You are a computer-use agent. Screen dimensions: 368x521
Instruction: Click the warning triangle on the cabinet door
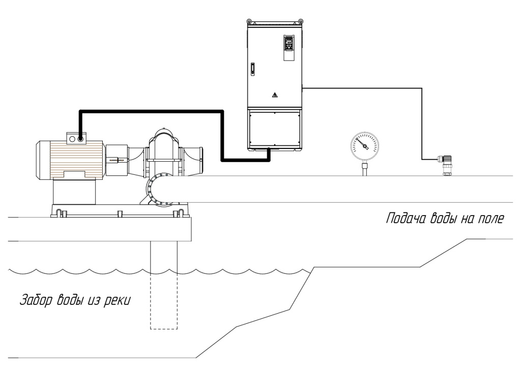[x=274, y=95]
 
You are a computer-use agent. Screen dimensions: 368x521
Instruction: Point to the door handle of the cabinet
[x=252, y=70]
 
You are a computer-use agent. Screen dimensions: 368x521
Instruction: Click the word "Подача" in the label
[x=401, y=220]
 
